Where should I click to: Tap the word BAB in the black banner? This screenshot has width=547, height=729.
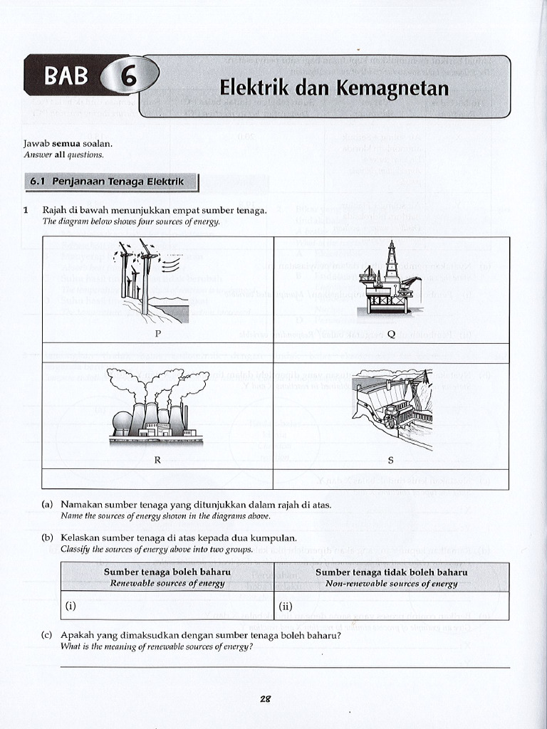[66, 75]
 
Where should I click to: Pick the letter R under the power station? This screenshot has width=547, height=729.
[157, 460]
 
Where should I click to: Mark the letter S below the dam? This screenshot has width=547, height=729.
[390, 460]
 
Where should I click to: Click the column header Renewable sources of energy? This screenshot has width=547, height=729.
[167, 583]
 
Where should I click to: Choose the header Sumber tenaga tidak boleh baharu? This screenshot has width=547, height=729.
[391, 572]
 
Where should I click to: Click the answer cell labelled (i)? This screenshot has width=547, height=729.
[167, 606]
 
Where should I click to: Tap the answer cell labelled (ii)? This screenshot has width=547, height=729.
[391, 606]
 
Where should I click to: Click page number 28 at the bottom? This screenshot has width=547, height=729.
[265, 699]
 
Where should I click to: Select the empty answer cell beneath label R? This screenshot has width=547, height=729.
[157, 479]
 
